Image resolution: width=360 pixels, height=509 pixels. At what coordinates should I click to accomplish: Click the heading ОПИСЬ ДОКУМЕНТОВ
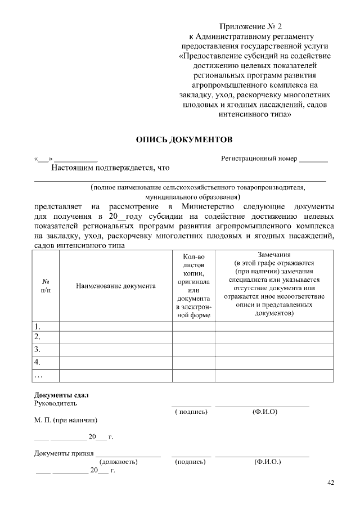click(x=184, y=138)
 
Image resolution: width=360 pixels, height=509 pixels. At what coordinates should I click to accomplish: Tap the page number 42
click(x=330, y=483)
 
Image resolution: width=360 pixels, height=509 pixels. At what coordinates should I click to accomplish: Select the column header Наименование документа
click(x=115, y=286)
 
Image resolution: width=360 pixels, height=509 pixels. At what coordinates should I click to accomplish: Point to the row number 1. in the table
click(x=38, y=326)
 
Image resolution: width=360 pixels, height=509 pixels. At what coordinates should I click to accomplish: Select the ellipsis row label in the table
click(x=38, y=375)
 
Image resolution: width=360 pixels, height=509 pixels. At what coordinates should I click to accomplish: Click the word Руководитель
click(x=55, y=403)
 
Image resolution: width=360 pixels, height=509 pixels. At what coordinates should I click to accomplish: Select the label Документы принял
click(x=64, y=453)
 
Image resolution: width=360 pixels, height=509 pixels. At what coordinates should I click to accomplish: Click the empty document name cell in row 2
click(x=115, y=337)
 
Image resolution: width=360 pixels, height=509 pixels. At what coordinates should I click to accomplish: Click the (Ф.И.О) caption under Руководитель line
click(x=264, y=412)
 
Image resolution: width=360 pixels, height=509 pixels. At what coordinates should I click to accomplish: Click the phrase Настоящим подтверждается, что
click(x=110, y=168)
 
